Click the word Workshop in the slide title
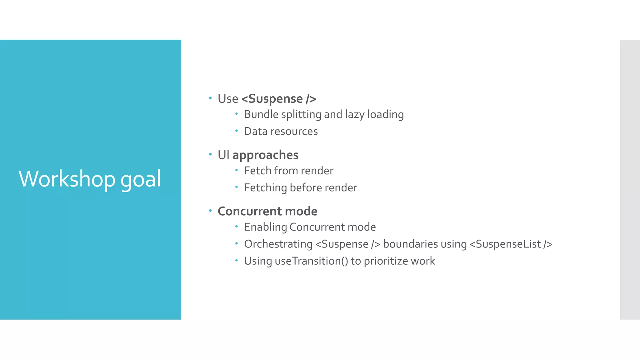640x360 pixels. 67,179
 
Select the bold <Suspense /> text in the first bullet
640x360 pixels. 279,99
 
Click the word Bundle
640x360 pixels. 261,114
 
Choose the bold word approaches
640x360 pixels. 265,155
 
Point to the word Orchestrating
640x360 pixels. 278,244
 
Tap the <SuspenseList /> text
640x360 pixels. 511,244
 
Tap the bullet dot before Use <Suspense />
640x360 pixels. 210,98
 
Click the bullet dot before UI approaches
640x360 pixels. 210,154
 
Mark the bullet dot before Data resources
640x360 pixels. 237,131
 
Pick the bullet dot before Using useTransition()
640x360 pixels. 237,260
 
